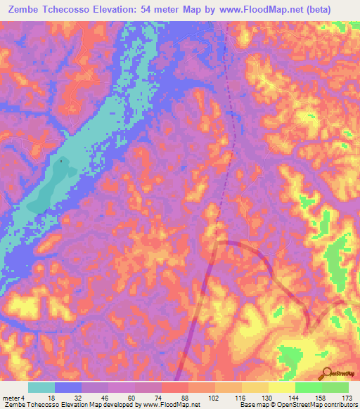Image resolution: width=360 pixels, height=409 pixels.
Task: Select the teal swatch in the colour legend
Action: (41, 388)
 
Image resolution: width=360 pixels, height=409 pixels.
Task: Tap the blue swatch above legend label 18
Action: (68, 388)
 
